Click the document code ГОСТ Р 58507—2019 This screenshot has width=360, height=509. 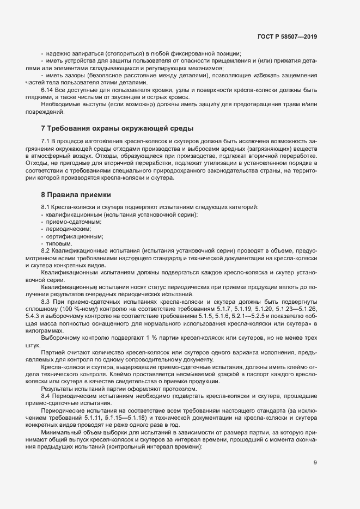[287, 36]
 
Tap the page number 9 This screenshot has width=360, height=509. [315, 463]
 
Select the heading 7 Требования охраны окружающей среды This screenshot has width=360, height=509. [117, 128]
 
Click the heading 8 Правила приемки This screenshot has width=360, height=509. [77, 194]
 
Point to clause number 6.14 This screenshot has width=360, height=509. [48, 89]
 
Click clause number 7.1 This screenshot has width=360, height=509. [45, 142]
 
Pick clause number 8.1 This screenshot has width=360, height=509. [45, 208]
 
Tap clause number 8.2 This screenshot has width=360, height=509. [45, 250]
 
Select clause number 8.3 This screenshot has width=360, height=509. [46, 301]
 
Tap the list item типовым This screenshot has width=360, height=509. [59, 243]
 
